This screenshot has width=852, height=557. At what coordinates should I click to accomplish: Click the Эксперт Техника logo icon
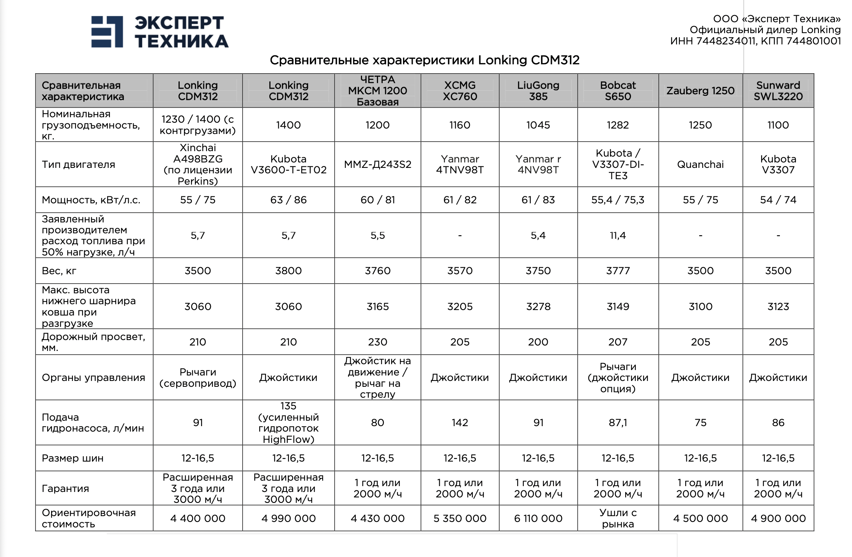[x=107, y=32]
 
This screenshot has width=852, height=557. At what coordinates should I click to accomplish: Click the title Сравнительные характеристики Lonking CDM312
[x=424, y=60]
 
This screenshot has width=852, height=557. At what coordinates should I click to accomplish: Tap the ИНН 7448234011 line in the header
[x=755, y=41]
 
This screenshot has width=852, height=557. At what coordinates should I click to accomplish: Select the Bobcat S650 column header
[x=618, y=91]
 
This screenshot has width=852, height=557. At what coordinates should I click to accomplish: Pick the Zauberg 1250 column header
[x=700, y=91]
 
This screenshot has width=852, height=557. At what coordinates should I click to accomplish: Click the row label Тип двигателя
[x=78, y=164]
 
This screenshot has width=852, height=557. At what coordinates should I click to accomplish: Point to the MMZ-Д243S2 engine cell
[x=377, y=164]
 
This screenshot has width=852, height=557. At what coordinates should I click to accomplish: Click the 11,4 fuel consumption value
[x=618, y=235]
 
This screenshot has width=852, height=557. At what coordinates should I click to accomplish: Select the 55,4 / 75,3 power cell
[x=618, y=200]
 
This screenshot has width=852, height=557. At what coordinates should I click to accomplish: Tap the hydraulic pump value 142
[x=460, y=423]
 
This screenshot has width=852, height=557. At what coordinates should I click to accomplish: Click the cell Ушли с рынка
[x=618, y=518]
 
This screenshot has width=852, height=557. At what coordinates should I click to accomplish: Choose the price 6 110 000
[x=538, y=518]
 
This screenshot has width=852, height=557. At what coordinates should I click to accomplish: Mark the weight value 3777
[x=618, y=271]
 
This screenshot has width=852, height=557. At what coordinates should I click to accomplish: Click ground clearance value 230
[x=377, y=342]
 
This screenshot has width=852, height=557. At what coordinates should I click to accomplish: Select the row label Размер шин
[x=72, y=458]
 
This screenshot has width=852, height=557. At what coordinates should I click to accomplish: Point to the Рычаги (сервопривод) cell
[x=198, y=377]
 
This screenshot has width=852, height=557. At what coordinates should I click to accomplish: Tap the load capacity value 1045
[x=538, y=125]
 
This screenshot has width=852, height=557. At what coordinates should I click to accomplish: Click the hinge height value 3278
[x=538, y=307]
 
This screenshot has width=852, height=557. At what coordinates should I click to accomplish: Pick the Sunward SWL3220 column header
[x=778, y=91]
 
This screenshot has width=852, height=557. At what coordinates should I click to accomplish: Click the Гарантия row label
[x=65, y=488]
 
